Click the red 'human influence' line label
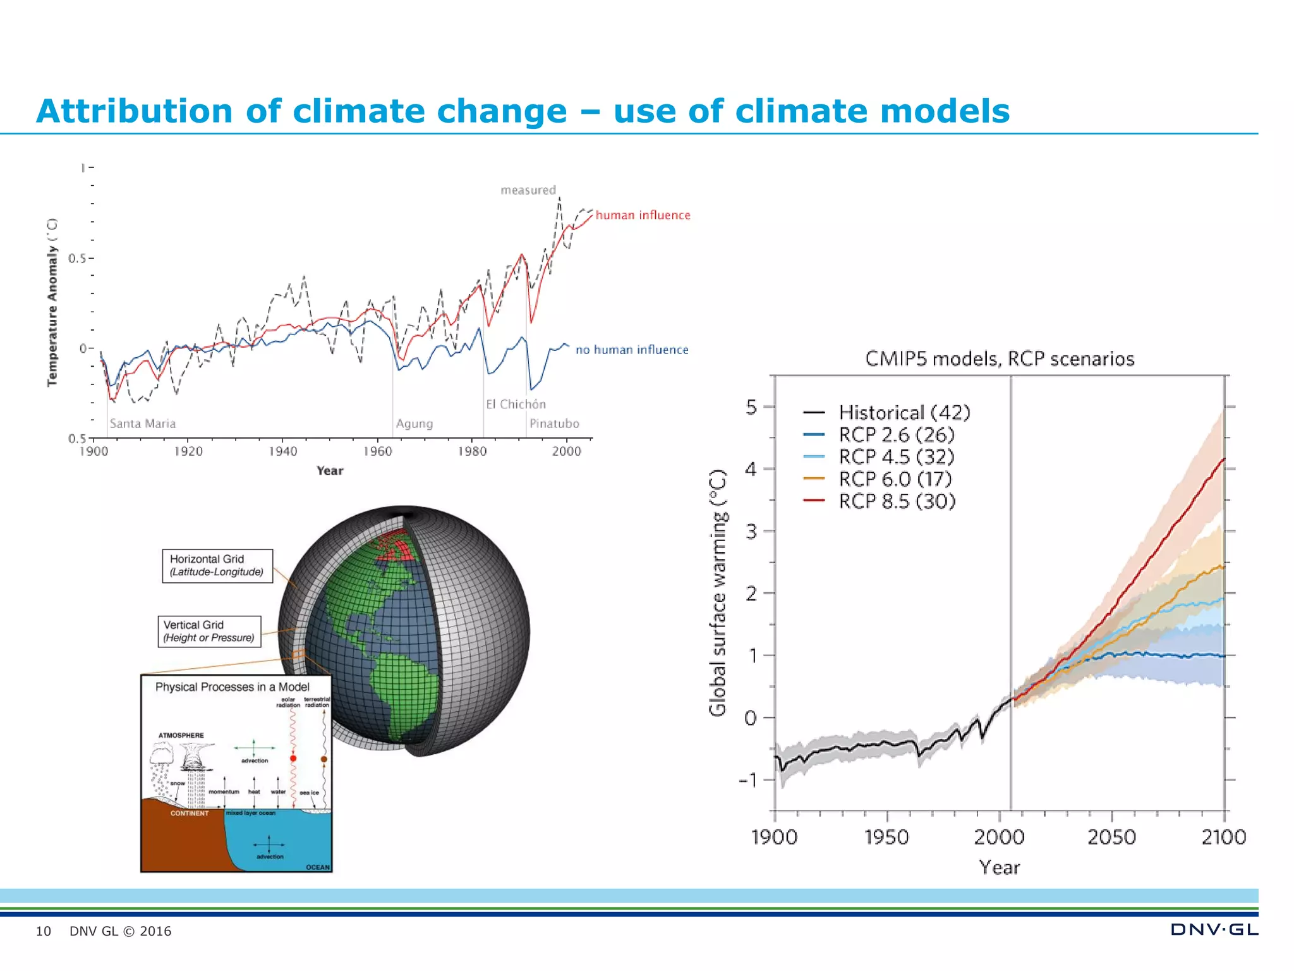coord(643,216)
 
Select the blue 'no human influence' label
coord(631,350)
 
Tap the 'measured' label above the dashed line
coord(528,190)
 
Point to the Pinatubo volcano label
coord(554,424)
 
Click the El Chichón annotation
coord(516,405)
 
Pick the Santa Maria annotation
coord(143,424)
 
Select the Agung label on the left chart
coord(414,424)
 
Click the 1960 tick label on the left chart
coord(377,451)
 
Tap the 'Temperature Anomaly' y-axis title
coord(52,302)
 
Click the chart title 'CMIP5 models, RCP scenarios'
coord(1000,359)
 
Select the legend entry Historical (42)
coord(904,413)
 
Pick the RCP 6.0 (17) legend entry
coord(895,479)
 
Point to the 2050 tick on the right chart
coord(1111,838)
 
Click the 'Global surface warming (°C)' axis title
coord(718,593)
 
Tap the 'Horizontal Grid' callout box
coord(217,566)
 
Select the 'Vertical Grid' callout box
coord(209,632)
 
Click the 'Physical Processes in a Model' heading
coord(233,687)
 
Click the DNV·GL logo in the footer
coord(1214,930)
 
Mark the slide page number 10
coord(43,931)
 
